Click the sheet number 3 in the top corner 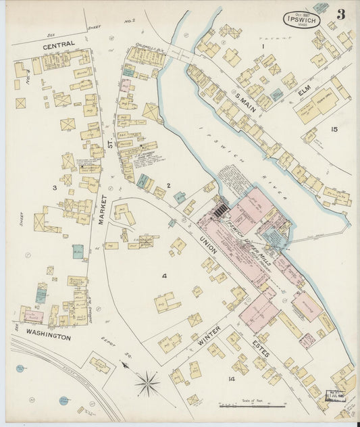(341, 14)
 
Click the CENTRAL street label (59, 47)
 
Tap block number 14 (231, 379)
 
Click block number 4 (163, 275)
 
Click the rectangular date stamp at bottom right (335, 395)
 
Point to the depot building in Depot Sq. (100, 366)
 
